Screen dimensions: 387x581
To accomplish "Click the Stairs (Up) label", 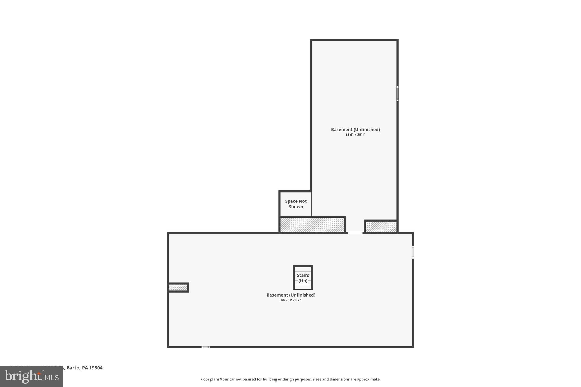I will pos(303,278).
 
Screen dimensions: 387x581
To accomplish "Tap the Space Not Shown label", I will pos(296,204).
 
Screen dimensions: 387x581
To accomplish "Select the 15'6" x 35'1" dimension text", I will pos(355,135).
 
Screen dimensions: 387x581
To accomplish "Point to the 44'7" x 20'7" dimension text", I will pos(291,300).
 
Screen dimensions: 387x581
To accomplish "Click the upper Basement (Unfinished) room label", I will pos(355,130).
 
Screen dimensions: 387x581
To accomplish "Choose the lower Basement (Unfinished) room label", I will pos(291,295).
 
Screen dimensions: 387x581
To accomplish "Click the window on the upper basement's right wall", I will pos(397,94).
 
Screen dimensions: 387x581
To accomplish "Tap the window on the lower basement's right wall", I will pos(413,252).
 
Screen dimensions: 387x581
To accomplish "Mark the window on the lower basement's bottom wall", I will pos(205,347).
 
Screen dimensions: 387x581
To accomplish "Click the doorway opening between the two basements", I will pos(355,233).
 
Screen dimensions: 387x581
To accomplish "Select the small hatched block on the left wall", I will pos(178,287).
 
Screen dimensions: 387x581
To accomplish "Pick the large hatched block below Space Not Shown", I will pos(312,225).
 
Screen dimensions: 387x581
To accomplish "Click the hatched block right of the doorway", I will pos(381,227).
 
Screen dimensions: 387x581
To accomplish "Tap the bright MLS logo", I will pos(31,377).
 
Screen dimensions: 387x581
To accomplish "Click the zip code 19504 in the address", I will pos(96,368).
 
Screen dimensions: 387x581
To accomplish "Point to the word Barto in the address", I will pos(73,368).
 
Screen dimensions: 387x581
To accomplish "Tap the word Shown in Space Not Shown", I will pos(296,207).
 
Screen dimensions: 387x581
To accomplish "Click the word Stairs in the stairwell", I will pos(303,275).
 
